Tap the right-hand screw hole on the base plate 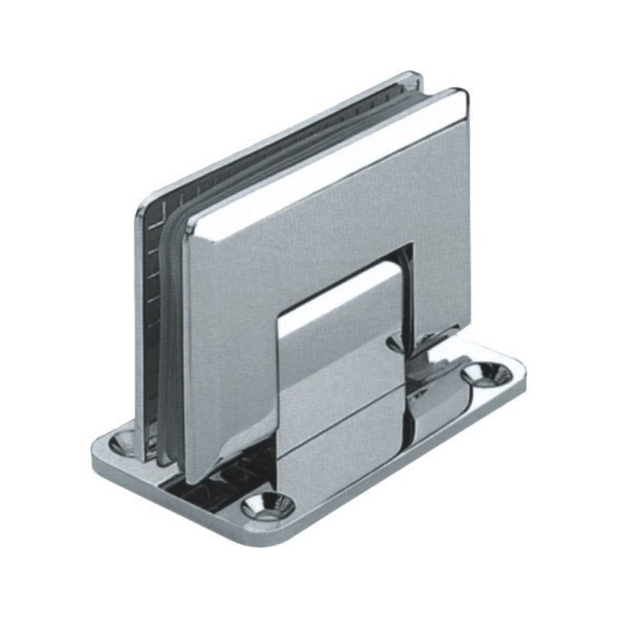487,374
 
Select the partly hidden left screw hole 124,442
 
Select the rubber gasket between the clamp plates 172,325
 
